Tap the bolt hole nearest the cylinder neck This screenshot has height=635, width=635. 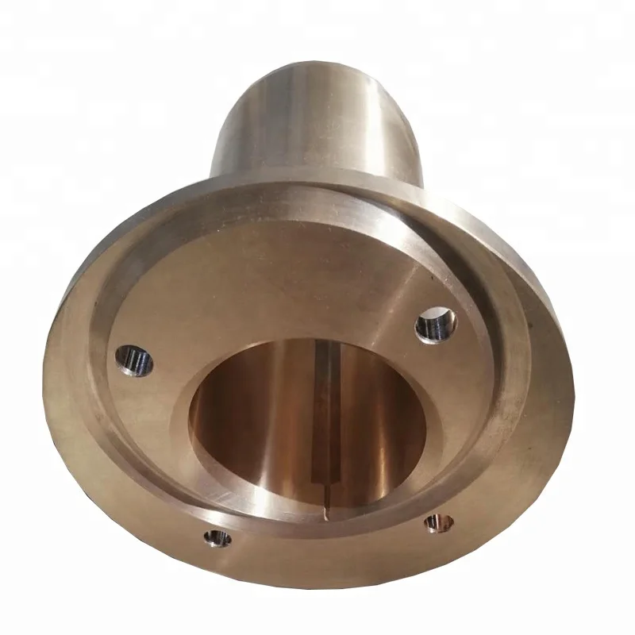(x=435, y=324)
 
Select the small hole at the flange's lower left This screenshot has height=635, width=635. (x=216, y=540)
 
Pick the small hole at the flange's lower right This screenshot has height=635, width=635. (x=435, y=522)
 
